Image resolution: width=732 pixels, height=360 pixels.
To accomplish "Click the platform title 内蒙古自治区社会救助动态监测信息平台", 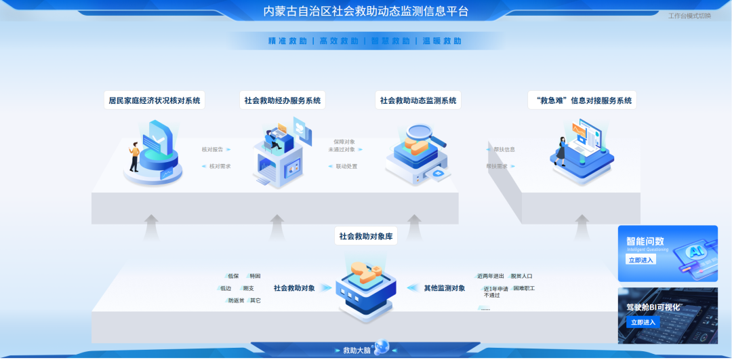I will [x=366, y=12].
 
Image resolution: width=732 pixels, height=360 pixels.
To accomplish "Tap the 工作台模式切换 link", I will [x=689, y=16].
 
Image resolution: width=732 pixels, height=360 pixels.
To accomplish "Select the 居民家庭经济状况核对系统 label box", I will [x=155, y=100].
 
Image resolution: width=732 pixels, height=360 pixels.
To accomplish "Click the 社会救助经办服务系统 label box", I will [x=283, y=100].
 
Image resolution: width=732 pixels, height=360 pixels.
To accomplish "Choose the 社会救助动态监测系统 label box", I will [x=418, y=100].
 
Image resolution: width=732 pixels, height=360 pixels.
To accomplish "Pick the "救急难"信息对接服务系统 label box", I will [x=582, y=100].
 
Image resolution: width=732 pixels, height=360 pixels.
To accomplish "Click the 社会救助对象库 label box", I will [x=366, y=237].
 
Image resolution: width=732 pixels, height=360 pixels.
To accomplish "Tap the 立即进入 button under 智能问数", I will [x=640, y=260].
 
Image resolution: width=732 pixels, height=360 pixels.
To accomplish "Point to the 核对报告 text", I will [x=212, y=149].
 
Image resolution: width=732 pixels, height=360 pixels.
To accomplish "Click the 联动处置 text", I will [x=346, y=166].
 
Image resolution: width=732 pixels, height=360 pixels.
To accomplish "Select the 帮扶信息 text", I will [x=504, y=149].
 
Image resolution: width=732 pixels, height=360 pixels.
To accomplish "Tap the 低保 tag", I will [x=233, y=276].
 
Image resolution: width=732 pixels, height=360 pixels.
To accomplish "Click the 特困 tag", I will [x=255, y=276].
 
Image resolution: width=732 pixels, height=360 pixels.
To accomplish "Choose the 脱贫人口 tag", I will [x=522, y=276].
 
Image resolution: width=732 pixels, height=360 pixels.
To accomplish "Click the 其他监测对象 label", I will [x=445, y=288].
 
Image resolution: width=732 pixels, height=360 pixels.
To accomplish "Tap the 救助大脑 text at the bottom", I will [x=357, y=351].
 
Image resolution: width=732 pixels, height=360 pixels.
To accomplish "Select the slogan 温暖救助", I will [x=442, y=41].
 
